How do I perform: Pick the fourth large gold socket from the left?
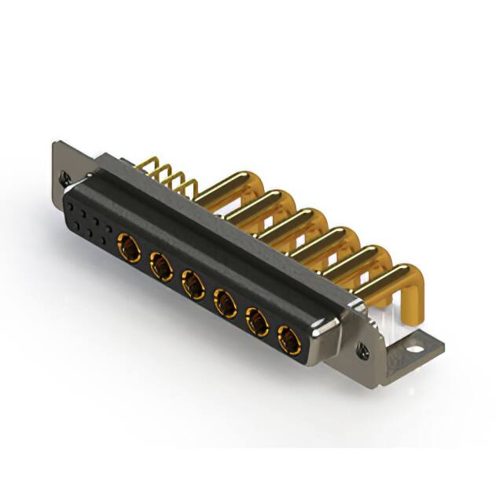[x=226, y=303]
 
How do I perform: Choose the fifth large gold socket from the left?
[x=257, y=321]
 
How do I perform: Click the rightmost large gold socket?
[x=289, y=339]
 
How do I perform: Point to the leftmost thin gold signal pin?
[x=146, y=164]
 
